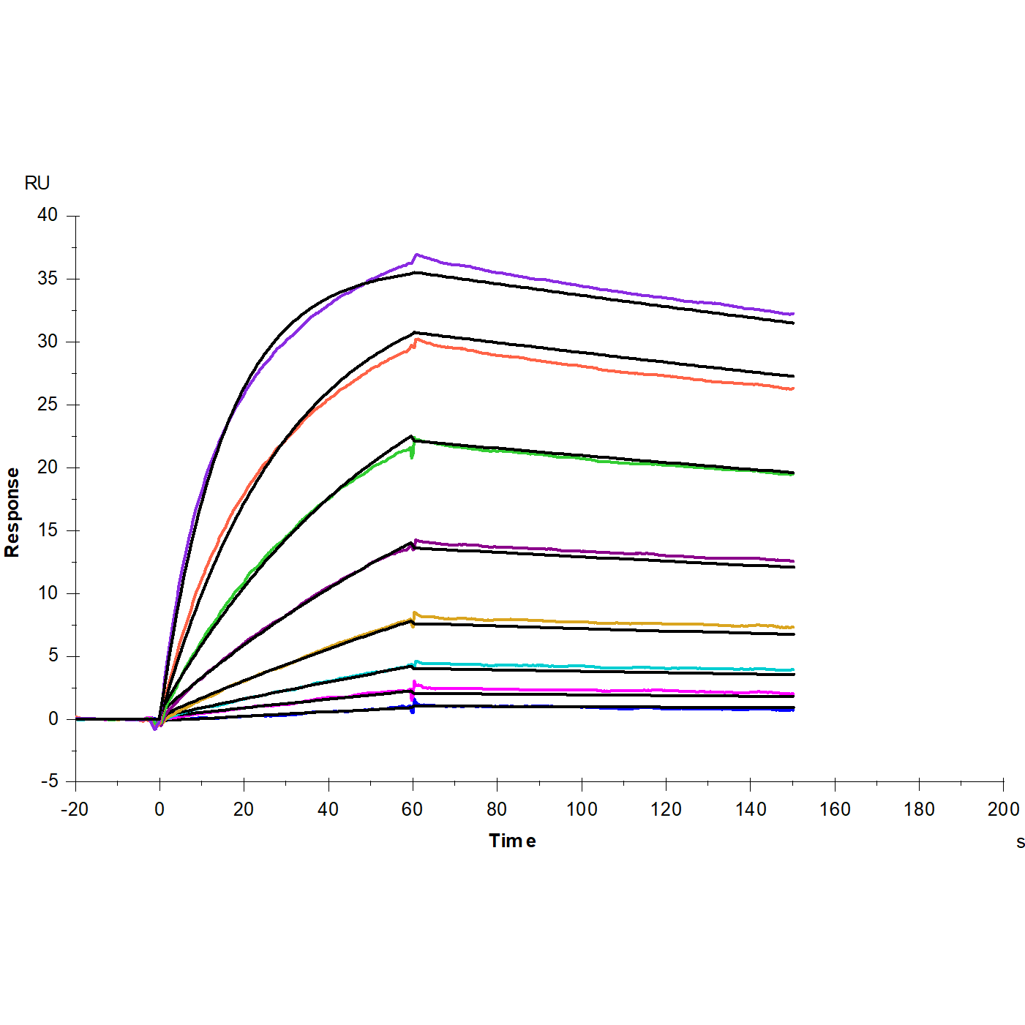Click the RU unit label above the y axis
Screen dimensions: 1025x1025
click(x=37, y=183)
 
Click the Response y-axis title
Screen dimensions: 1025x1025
click(x=12, y=512)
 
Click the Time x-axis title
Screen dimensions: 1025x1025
click(x=512, y=841)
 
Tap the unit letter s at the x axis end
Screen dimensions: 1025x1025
click(x=1020, y=842)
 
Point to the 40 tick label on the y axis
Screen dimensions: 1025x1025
click(x=48, y=214)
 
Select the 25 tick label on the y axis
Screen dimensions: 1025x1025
click(x=48, y=404)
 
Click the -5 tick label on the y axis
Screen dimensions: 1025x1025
click(x=49, y=781)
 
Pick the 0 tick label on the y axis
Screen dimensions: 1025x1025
click(x=53, y=719)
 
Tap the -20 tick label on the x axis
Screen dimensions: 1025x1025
click(x=74, y=809)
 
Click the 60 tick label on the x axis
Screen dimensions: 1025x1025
click(x=413, y=809)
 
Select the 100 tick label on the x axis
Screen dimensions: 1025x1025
click(x=582, y=809)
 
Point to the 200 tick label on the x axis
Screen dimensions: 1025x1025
click(x=1003, y=809)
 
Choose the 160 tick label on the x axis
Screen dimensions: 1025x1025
click(x=835, y=809)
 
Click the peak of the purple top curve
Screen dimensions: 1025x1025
click(x=416, y=255)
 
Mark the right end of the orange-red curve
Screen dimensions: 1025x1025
click(x=793, y=388)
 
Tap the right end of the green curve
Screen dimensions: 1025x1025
click(x=793, y=474)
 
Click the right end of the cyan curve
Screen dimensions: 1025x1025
click(x=793, y=669)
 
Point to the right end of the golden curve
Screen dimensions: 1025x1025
click(x=793, y=627)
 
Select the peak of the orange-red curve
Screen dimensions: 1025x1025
click(x=416, y=339)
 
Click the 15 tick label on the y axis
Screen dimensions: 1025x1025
click(x=48, y=530)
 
